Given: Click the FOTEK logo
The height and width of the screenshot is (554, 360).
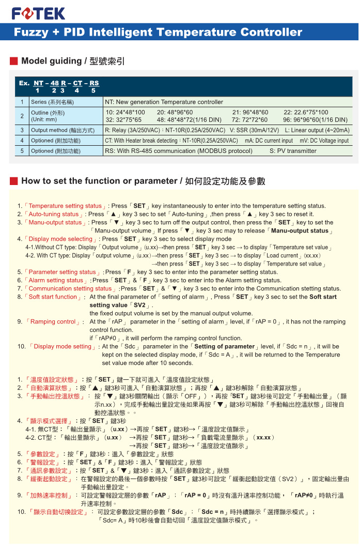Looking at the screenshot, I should coord(38,13).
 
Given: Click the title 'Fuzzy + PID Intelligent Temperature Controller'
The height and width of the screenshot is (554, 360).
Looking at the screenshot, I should coord(158,32).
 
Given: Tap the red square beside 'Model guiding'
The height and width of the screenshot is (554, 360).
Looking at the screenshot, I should coord(14,61).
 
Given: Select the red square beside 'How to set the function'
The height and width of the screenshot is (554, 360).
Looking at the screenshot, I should coord(14,181).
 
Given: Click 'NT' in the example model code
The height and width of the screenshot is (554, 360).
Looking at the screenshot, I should coord(38,83).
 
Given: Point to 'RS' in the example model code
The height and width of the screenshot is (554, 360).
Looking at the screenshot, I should coord(93,83).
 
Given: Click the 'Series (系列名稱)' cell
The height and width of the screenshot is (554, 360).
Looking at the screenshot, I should coord(52,102).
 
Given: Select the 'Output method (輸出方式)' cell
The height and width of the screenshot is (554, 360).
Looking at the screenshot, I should coord(62,130).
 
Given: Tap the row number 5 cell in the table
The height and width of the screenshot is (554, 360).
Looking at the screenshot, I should coord(22,151).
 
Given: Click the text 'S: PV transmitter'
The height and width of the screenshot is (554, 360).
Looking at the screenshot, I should coord(293,151).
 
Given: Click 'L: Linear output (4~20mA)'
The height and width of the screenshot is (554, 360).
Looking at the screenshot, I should coord(317,130).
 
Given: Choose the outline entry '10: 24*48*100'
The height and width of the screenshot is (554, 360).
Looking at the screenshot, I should coord(126,112).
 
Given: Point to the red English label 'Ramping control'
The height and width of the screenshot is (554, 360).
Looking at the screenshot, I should coord(53,321).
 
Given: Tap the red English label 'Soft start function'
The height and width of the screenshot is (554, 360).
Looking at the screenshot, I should coord(53,297).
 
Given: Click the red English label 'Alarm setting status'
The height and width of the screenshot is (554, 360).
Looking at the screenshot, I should coord(56,280).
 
